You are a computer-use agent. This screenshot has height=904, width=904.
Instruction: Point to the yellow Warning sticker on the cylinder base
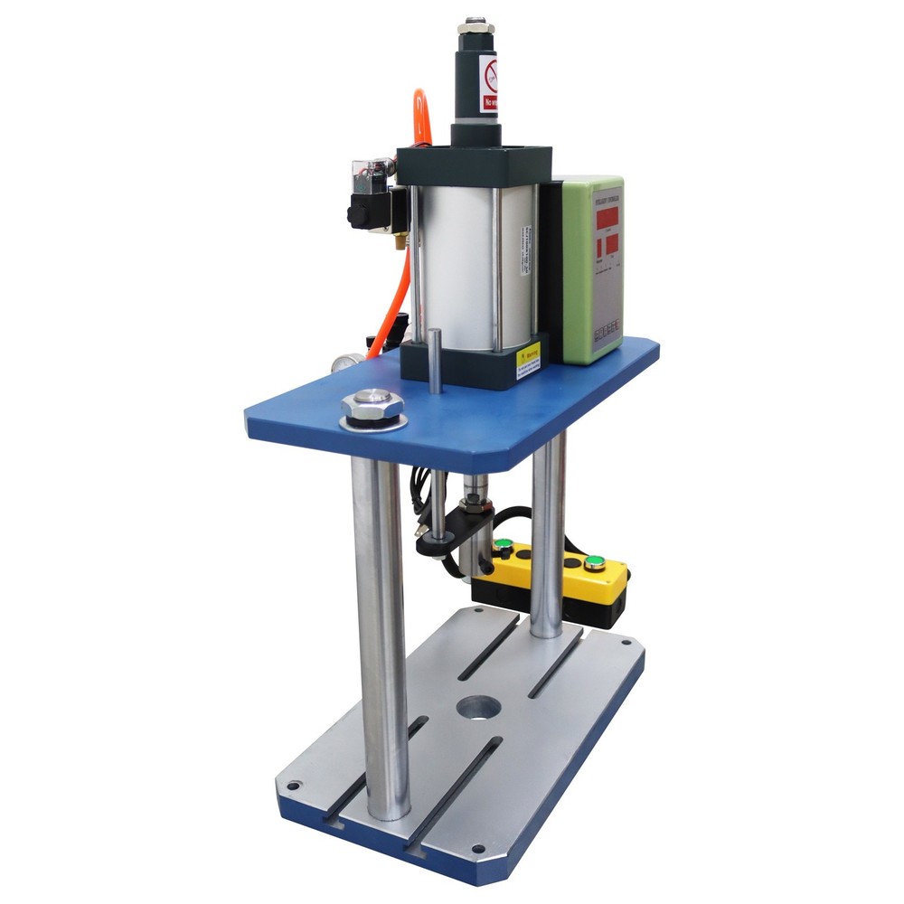point(528,363)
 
